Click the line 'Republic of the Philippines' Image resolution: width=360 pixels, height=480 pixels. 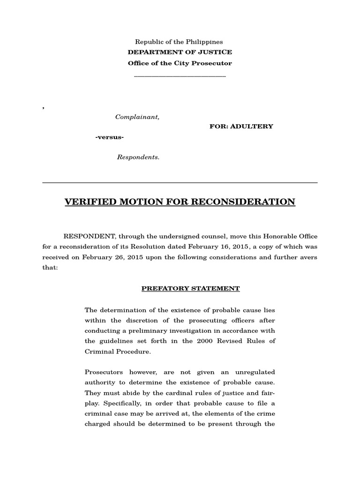click(179, 42)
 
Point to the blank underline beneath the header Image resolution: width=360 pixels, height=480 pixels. click(180, 76)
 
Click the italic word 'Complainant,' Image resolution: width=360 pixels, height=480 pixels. click(137, 117)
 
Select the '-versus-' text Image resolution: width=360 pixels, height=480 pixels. click(110, 137)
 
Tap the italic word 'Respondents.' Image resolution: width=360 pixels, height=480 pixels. click(138, 157)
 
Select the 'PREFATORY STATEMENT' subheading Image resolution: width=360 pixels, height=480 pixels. click(191, 289)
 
